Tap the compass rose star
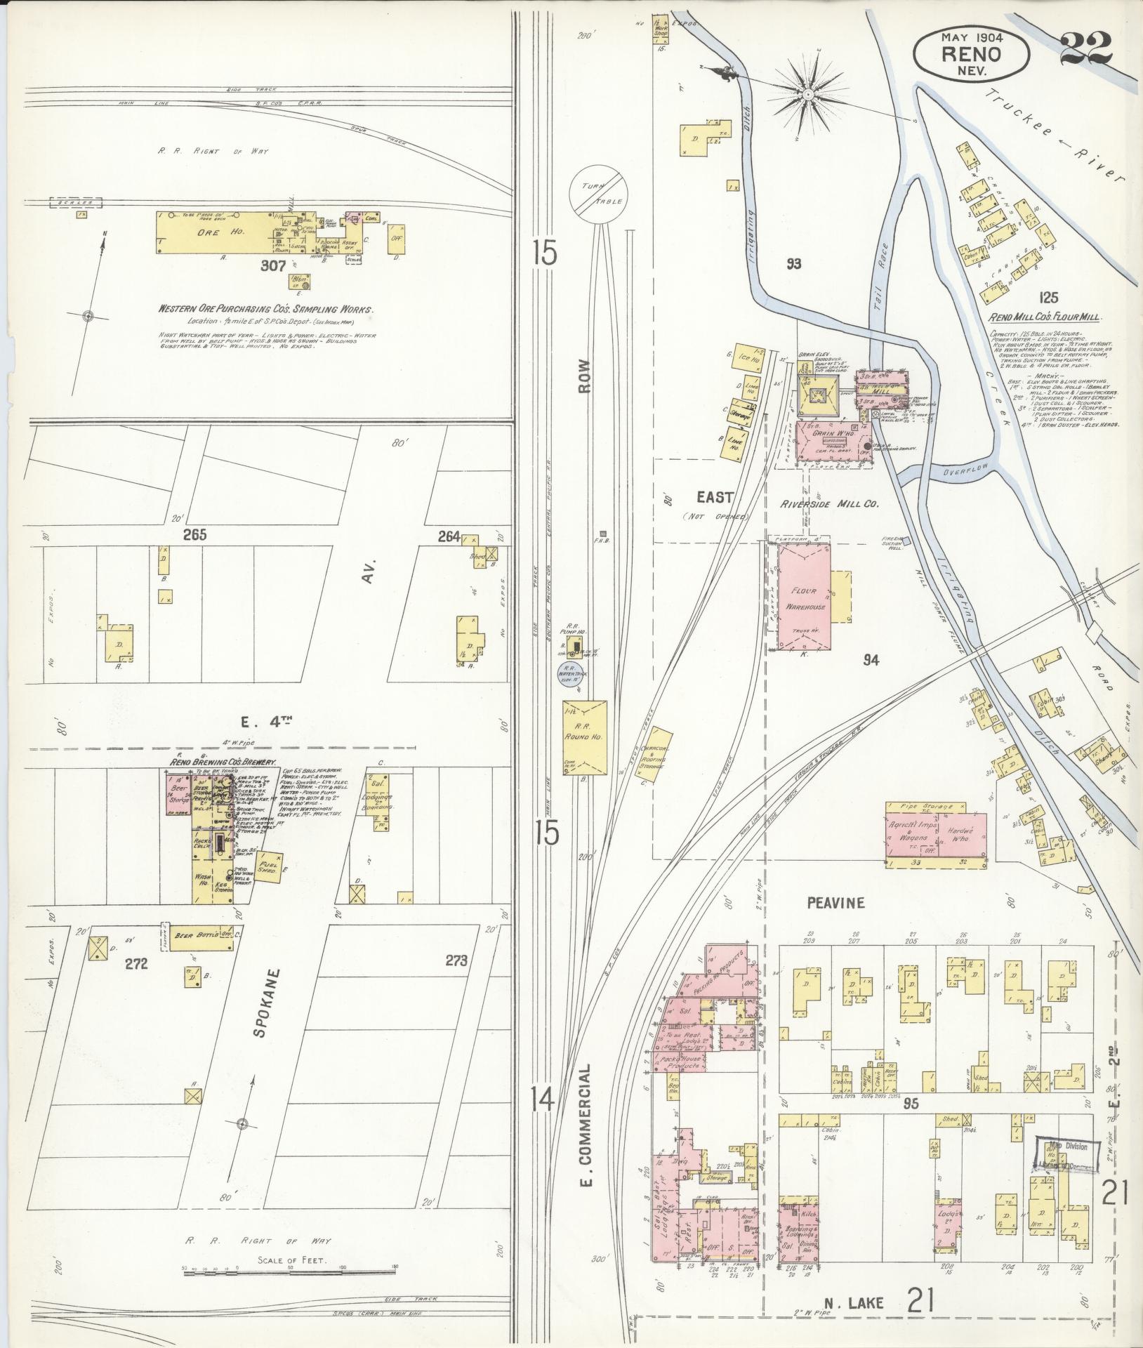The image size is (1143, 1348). coord(808,93)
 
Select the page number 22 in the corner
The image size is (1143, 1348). coord(1085,47)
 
